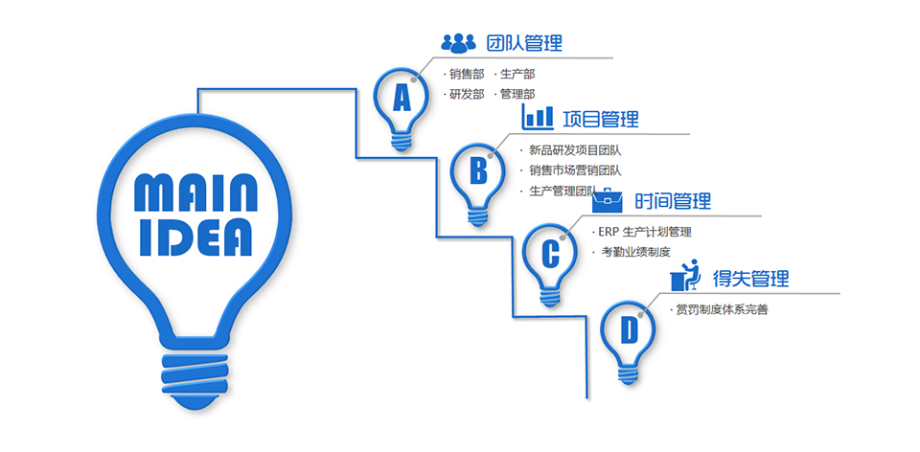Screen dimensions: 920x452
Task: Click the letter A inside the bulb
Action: [x=402, y=98]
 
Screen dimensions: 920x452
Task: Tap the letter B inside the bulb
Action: [x=479, y=171]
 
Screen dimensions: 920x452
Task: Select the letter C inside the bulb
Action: [x=550, y=254]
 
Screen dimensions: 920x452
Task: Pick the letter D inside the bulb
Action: [x=629, y=330]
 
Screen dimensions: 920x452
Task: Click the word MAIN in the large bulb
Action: [x=195, y=192]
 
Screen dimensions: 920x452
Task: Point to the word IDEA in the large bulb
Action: [x=195, y=237]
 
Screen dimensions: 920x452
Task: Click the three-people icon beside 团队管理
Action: [x=458, y=42]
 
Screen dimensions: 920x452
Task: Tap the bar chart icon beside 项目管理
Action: [x=537, y=117]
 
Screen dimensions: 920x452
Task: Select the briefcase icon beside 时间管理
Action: [x=608, y=200]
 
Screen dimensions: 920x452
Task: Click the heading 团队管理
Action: [x=524, y=43]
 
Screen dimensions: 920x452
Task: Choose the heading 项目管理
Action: [x=601, y=119]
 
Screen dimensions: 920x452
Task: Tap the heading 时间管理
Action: [x=673, y=201]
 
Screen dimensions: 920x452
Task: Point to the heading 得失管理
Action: [x=751, y=278]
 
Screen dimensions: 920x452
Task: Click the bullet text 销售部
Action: [x=467, y=75]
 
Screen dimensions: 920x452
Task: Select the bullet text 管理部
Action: [x=517, y=94]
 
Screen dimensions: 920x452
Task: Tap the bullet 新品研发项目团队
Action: [x=575, y=150]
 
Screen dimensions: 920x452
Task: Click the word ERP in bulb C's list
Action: [x=609, y=232]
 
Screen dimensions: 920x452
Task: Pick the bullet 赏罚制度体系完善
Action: [x=722, y=310]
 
